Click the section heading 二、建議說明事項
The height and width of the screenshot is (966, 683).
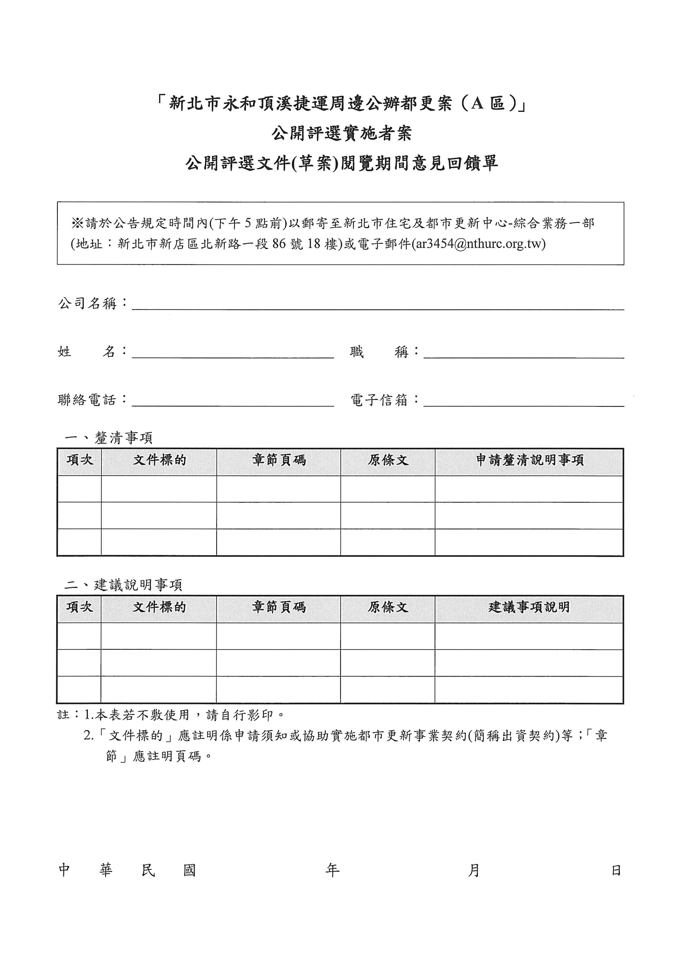[x=123, y=585]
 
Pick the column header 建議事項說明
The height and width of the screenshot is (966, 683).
[x=529, y=607]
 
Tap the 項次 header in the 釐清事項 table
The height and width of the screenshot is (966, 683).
[x=80, y=460]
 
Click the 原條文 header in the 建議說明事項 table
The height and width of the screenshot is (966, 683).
[x=388, y=607]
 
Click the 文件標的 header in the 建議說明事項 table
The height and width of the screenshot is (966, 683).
[x=159, y=607]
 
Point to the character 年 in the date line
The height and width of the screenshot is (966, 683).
[x=332, y=870]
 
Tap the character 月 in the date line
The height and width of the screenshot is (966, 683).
[x=474, y=870]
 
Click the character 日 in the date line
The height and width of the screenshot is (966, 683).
[x=616, y=870]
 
